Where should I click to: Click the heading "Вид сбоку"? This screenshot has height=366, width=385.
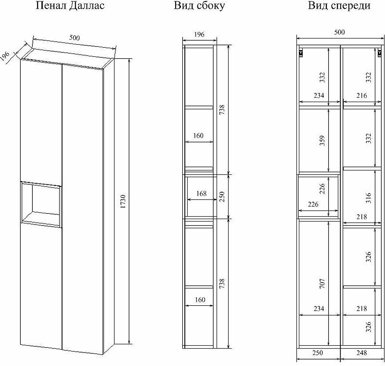point(200,6)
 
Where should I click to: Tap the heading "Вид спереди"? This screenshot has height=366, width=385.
point(339,6)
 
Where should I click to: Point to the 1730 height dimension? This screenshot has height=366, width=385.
point(123,200)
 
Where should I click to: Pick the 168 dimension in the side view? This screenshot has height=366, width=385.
point(201,194)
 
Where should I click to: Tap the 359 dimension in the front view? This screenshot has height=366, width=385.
point(322,140)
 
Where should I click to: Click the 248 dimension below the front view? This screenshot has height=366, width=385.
point(361,353)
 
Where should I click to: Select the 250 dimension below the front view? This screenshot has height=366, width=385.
point(318,353)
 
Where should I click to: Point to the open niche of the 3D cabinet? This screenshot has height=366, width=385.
point(41,202)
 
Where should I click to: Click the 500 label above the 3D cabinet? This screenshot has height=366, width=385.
point(74,38)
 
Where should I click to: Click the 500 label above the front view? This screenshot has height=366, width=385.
point(339,32)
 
